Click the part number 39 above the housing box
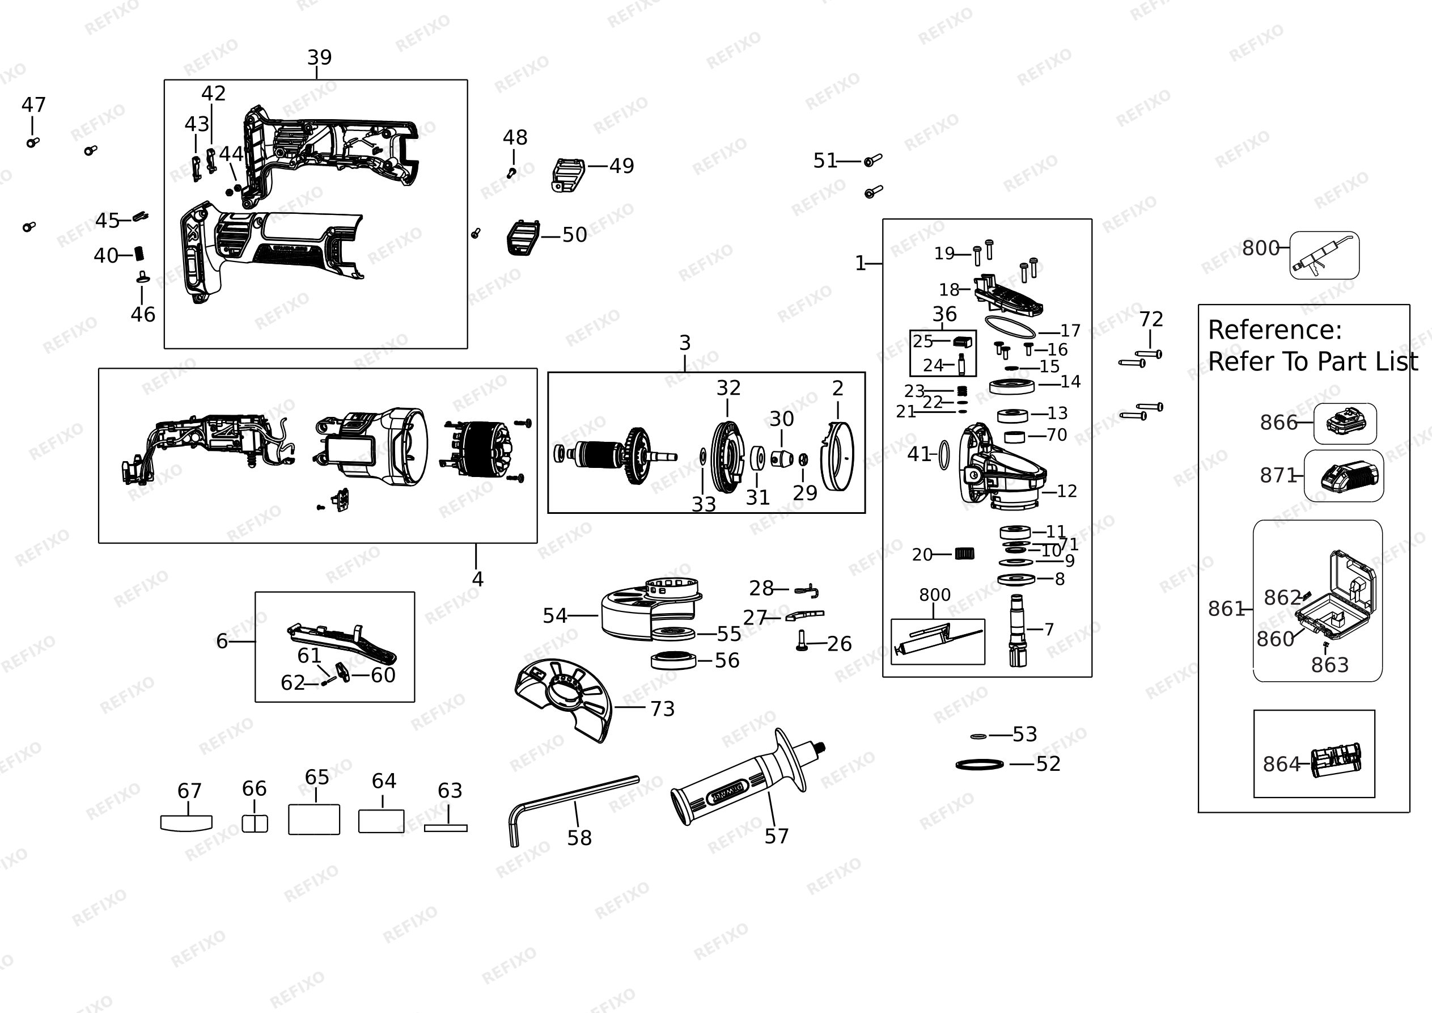coord(319,57)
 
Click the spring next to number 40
coord(139,254)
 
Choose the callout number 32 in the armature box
coord(728,388)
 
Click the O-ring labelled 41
coord(944,454)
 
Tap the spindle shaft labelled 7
coord(1018,630)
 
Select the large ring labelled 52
coord(980,765)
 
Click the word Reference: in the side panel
coord(1275,330)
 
